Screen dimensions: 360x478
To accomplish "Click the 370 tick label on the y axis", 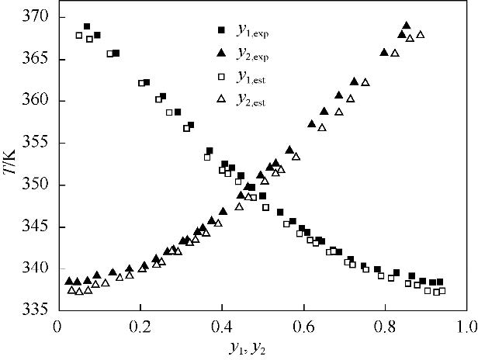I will point(36,16).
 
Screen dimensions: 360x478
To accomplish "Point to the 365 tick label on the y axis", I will point(36,59).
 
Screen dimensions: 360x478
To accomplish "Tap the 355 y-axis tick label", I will point(36,143).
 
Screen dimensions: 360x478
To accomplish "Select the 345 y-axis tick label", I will point(36,227).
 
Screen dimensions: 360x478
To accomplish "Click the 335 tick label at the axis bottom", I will point(36,310).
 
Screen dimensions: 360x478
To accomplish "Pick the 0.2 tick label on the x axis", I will point(140,325).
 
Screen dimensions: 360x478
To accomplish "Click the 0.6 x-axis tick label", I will point(303,325).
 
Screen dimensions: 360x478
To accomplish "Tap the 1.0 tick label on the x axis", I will point(466,325).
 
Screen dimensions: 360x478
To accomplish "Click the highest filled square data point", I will point(87,27).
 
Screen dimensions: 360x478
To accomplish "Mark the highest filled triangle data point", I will point(406,26).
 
